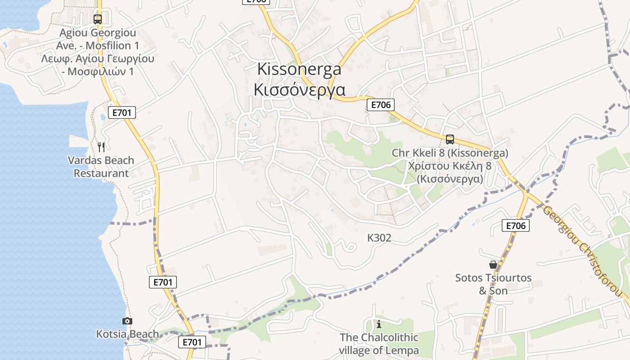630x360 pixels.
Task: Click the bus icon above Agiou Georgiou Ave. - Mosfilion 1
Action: (98, 19)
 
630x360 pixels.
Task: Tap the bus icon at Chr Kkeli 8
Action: (450, 139)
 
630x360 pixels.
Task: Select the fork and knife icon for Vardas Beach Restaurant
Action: (101, 147)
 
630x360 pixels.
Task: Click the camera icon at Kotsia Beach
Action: (127, 321)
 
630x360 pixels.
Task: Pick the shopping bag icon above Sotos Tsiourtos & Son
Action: (493, 265)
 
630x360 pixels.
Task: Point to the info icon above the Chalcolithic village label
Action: (379, 324)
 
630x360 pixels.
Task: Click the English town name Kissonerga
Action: (299, 69)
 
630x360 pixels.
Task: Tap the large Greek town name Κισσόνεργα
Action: (299, 90)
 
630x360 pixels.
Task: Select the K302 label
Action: (379, 238)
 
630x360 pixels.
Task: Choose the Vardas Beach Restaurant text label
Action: (101, 166)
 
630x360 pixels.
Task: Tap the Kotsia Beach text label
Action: (127, 334)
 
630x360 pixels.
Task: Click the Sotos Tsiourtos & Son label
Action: (493, 284)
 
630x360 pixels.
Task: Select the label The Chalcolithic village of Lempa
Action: (379, 344)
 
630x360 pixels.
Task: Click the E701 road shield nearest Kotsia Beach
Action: (192, 342)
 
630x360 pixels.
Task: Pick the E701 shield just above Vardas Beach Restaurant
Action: (122, 112)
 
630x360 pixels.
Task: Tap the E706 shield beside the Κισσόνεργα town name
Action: (381, 105)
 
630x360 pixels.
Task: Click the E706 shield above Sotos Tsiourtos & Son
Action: (516, 225)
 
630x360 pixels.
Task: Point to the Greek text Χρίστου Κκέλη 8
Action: (450, 166)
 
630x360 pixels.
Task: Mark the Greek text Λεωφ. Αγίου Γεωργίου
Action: (98, 58)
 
